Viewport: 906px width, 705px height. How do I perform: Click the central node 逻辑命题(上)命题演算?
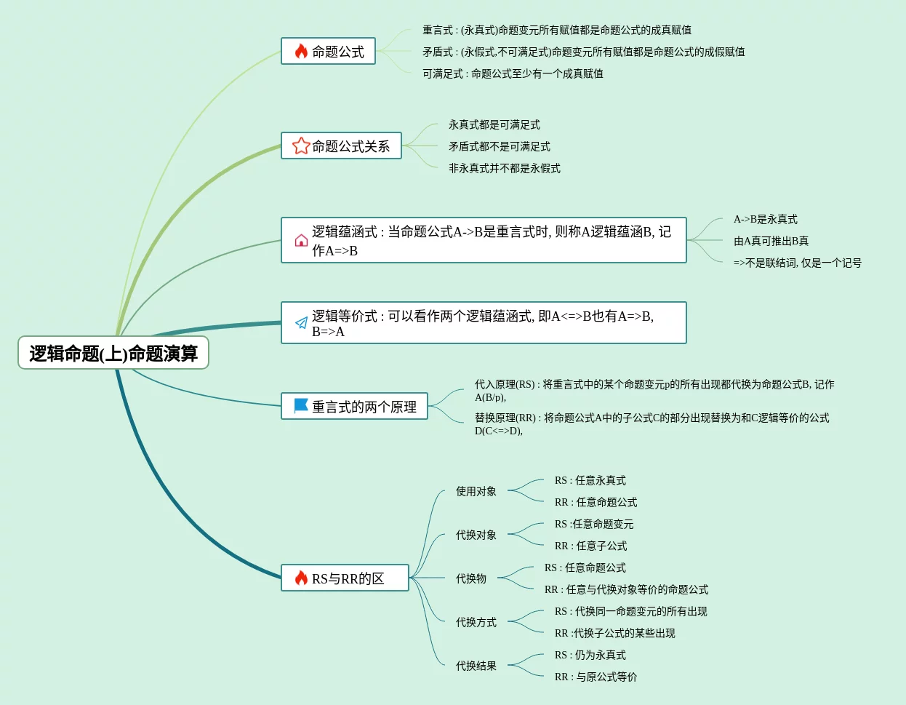[113, 353]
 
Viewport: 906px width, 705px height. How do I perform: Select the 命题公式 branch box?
[329, 52]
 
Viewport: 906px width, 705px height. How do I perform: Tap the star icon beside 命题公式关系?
[300, 146]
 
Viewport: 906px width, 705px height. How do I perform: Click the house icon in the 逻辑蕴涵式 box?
[301, 241]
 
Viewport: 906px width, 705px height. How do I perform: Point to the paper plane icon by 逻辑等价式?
[301, 323]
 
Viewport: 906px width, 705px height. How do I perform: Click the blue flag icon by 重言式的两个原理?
[301, 406]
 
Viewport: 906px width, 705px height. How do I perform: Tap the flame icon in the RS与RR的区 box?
[301, 578]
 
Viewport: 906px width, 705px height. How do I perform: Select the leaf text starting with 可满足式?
[513, 73]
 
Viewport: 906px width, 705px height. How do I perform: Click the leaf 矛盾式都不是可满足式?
[499, 146]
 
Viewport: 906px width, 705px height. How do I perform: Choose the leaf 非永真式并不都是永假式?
[504, 168]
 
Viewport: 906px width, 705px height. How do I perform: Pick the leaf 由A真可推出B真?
[771, 241]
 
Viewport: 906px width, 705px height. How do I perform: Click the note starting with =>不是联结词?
[797, 263]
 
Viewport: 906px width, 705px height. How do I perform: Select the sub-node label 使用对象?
[476, 491]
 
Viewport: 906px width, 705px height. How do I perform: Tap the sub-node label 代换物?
[471, 578]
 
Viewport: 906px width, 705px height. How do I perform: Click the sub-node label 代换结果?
[476, 666]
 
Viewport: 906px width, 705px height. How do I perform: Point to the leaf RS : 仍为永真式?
[590, 655]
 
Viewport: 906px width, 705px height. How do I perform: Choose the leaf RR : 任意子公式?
[590, 546]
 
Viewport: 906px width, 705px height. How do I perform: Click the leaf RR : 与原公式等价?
[596, 677]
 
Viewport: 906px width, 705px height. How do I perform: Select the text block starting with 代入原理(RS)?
[654, 390]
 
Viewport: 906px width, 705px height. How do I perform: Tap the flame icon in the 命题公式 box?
[301, 52]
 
